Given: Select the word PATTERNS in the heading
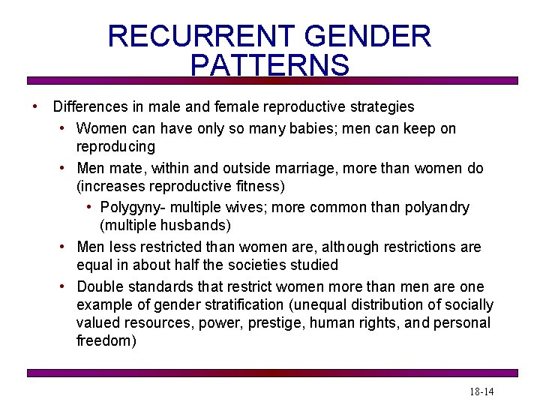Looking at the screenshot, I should coord(270,65).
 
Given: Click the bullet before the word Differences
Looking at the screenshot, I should coord(34,106).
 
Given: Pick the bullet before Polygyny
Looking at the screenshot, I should coord(89,207).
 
